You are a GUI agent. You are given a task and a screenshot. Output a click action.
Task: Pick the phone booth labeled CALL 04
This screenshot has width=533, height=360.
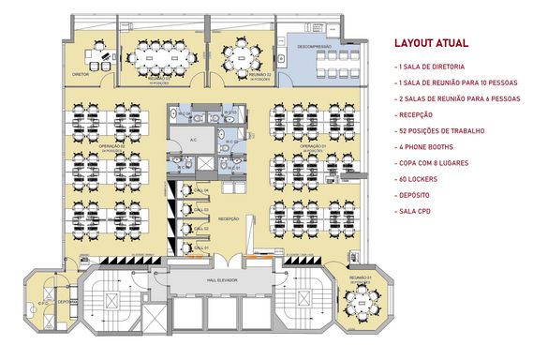(x=199, y=192)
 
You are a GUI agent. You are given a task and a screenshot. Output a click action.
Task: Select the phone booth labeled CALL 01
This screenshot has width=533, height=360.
(x=199, y=247)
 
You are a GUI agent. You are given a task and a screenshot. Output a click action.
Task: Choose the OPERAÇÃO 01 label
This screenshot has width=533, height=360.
(x=312, y=146)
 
